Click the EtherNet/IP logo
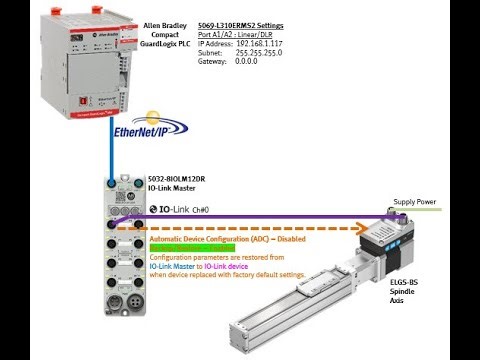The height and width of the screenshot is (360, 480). point(147,128)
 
